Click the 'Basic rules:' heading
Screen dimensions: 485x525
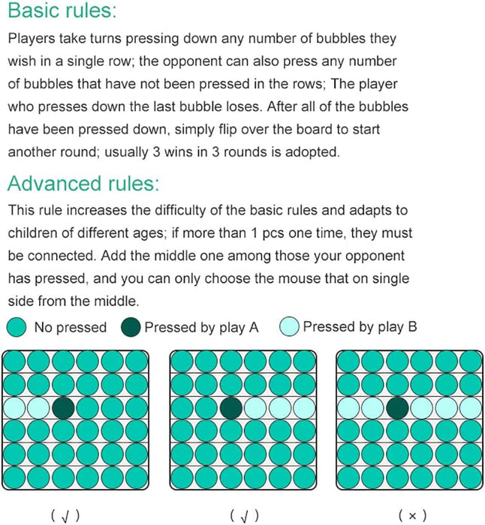click(62, 10)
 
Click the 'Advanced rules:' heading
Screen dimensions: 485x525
click(83, 183)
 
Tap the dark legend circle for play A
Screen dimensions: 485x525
click(131, 327)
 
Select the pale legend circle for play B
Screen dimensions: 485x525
click(289, 326)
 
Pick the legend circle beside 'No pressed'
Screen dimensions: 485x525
click(17, 327)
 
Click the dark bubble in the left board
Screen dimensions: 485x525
click(63, 408)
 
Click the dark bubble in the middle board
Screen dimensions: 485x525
click(231, 408)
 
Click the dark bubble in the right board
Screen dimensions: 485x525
click(397, 408)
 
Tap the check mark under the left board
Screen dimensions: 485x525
click(66, 516)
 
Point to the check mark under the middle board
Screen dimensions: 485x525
click(245, 516)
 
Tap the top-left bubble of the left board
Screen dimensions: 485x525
click(14, 361)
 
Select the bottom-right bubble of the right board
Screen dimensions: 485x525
click(471, 478)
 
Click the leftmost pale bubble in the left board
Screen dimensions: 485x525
click(14, 408)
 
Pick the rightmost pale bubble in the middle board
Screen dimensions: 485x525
click(304, 408)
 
